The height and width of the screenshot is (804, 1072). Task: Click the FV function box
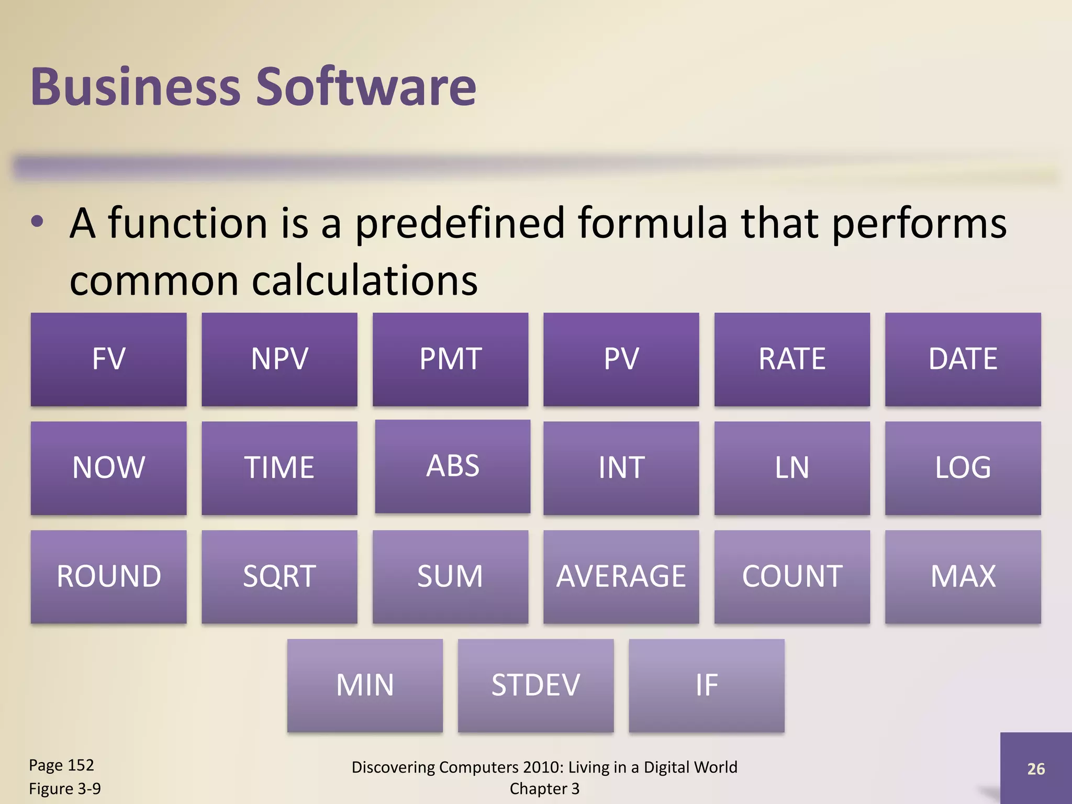(x=108, y=360)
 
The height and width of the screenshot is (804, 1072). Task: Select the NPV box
(x=280, y=360)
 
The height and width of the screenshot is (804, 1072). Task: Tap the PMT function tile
(x=450, y=360)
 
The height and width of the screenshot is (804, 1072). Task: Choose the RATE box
(x=792, y=360)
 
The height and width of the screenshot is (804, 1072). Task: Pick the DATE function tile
(x=963, y=360)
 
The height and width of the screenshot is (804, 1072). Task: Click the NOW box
(x=108, y=468)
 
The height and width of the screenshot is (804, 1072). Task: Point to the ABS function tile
(x=453, y=466)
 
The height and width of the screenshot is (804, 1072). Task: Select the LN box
(x=792, y=468)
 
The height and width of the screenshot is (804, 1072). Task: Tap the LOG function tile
(x=963, y=468)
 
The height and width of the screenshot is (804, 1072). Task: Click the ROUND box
(x=108, y=577)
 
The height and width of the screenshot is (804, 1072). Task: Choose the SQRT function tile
(x=280, y=577)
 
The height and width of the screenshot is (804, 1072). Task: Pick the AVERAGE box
(x=621, y=577)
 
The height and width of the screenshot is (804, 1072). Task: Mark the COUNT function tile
(x=792, y=577)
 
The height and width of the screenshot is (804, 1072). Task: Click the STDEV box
(x=535, y=685)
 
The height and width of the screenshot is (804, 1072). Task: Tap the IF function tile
(x=706, y=685)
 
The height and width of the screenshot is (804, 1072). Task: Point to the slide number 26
(x=1036, y=769)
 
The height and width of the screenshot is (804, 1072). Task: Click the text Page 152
(x=61, y=765)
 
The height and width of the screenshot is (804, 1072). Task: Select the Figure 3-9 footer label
(x=65, y=788)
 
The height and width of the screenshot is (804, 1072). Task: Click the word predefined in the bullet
(x=460, y=224)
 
